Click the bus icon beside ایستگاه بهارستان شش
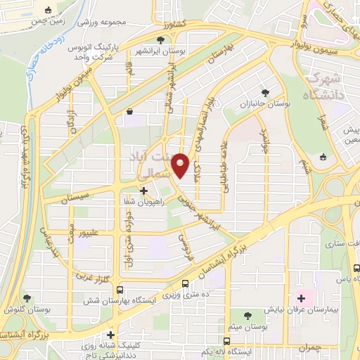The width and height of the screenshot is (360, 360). tap(120, 289)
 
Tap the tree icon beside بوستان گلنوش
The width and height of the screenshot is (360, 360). tap(27, 298)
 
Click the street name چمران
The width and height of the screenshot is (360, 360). tap(305, 348)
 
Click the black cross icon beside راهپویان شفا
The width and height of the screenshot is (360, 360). tap(143, 190)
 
